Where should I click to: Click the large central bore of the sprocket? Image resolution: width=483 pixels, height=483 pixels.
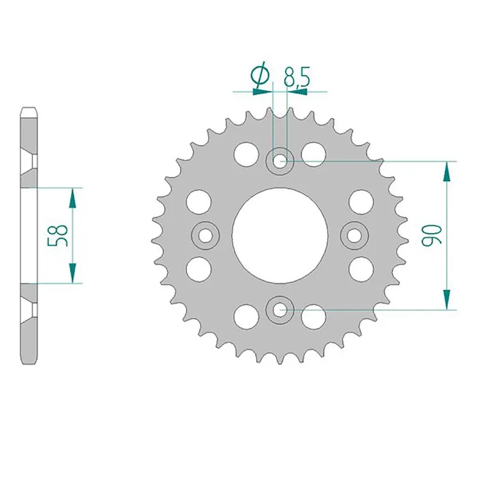(280, 235)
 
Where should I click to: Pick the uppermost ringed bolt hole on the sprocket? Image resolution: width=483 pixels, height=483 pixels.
(280, 161)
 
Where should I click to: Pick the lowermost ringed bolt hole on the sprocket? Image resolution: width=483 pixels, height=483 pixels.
(280, 310)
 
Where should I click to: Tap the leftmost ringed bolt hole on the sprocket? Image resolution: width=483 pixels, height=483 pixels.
(205, 235)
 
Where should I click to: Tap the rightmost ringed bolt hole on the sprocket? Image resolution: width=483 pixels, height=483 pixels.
(354, 235)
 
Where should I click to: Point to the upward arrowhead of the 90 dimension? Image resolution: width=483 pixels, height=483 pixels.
(447, 171)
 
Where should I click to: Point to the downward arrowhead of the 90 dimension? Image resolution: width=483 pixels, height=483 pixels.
(447, 299)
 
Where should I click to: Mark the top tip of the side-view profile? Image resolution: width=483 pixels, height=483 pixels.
(30, 109)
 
